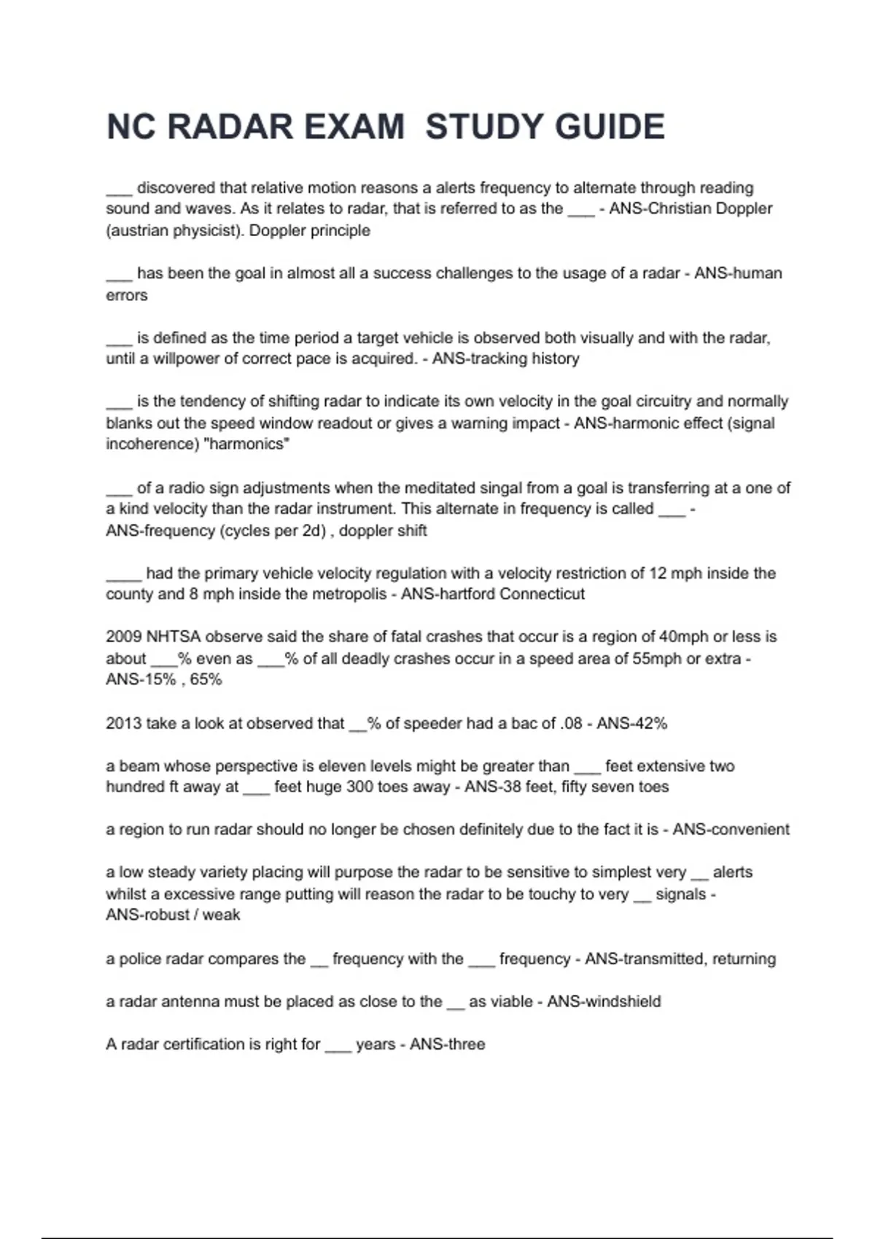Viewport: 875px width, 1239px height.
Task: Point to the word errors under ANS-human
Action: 127,295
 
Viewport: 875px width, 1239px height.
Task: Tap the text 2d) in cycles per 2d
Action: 312,531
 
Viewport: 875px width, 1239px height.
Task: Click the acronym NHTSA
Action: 174,636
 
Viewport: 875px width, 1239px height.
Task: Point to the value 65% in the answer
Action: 206,679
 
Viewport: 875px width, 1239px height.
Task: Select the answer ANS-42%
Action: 631,723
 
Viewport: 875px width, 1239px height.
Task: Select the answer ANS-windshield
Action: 604,1001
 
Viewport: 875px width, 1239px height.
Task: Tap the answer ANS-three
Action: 447,1044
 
